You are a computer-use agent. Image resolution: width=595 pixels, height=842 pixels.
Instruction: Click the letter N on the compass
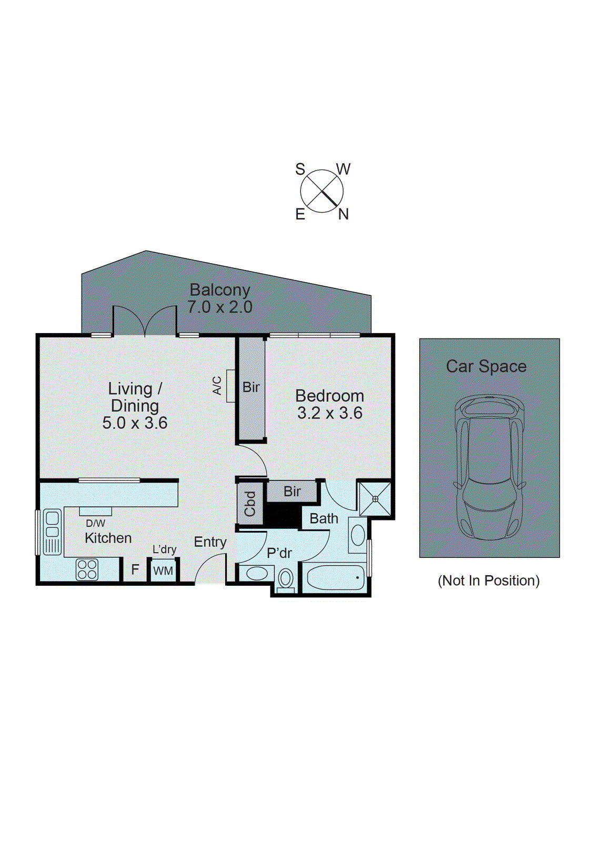(x=344, y=214)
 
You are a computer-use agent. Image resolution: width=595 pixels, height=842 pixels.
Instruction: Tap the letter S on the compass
(x=300, y=169)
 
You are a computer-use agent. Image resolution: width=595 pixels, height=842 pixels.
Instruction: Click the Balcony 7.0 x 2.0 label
(x=220, y=298)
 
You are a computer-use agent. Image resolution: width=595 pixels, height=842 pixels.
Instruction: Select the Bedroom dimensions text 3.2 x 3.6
(x=329, y=413)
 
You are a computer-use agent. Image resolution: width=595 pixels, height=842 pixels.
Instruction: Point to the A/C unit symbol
(x=230, y=386)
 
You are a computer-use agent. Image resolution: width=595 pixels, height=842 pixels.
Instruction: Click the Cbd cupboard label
(x=250, y=503)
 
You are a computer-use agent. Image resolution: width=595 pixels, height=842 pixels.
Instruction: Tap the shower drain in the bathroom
(x=375, y=498)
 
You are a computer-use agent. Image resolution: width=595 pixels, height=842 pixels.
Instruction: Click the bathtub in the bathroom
(x=335, y=578)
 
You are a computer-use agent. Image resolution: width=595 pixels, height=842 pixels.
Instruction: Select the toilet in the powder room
(x=286, y=579)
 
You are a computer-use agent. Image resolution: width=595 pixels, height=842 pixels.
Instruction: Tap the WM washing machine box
(x=163, y=571)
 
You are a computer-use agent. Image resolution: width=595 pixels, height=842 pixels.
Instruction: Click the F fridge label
(x=135, y=569)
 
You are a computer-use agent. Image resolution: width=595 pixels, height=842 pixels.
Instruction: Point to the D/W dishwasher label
(x=95, y=523)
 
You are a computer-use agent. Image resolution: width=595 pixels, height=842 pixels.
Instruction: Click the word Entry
(x=210, y=542)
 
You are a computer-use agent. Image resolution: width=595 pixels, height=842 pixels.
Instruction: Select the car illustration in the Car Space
(x=489, y=467)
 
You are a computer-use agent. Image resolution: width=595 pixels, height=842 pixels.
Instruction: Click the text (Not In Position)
(x=489, y=580)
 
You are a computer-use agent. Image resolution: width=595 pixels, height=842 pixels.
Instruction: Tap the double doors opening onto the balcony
(x=145, y=321)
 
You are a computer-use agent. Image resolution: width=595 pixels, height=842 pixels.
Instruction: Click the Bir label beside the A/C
(x=251, y=387)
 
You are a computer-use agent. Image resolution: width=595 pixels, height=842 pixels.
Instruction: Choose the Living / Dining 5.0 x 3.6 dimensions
(x=135, y=423)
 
